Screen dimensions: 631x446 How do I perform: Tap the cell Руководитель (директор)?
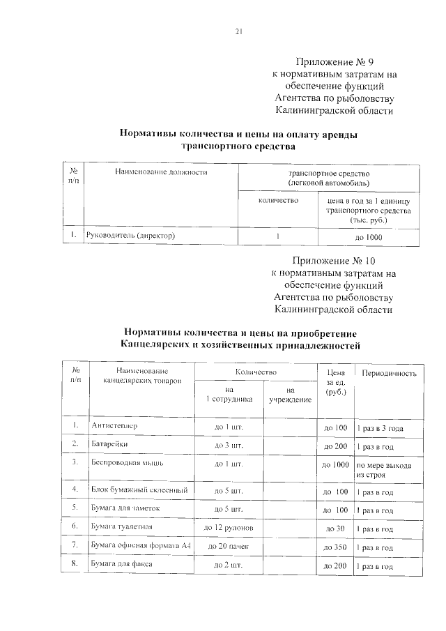coord(130,236)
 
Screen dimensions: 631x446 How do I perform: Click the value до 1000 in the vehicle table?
coord(369,238)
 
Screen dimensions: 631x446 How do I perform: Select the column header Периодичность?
coord(388,374)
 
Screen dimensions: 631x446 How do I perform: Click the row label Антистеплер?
coord(115,426)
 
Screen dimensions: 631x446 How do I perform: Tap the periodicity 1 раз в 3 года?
coord(380,427)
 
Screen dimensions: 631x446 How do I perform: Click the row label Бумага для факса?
coord(121,564)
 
